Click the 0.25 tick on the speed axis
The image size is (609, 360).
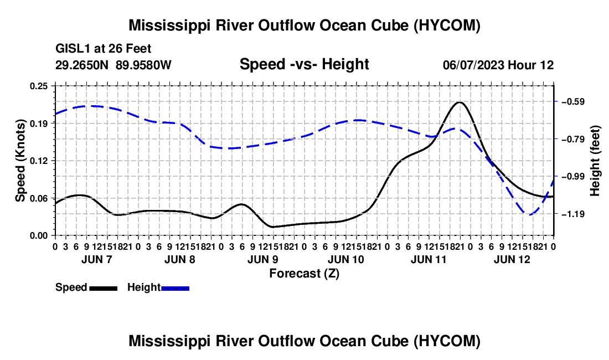click(39, 86)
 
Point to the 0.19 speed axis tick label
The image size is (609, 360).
click(39, 124)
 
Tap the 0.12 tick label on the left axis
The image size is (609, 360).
click(39, 161)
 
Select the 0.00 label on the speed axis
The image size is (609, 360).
click(39, 236)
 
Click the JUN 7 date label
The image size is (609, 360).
click(97, 259)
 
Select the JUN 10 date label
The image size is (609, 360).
click(346, 259)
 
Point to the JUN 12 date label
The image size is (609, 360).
click(512, 259)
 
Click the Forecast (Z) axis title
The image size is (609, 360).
click(304, 274)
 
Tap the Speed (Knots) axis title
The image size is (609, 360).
click(20, 161)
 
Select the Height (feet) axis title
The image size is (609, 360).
click(595, 161)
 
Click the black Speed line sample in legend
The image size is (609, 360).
click(104, 289)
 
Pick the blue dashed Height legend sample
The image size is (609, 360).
click(175, 289)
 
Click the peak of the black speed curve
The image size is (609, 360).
click(460, 102)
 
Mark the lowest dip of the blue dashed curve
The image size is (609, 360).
click(530, 214)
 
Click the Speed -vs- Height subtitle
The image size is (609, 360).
click(304, 64)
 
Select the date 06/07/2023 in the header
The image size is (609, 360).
click(474, 65)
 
